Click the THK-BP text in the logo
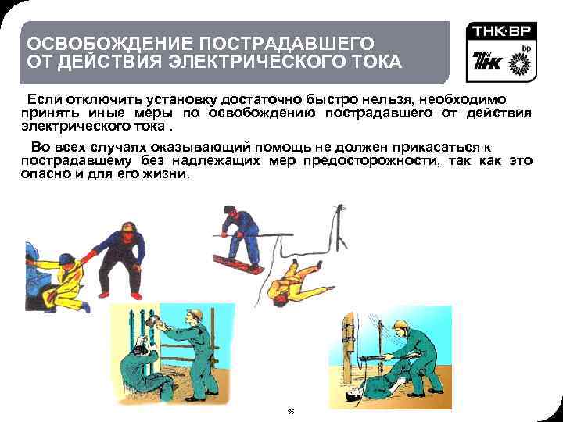(501, 31)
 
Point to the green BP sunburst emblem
(519, 63)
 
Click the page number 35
(291, 412)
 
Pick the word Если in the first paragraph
(45, 99)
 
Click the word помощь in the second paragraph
(284, 148)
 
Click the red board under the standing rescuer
(237, 264)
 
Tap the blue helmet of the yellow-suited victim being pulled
(66, 259)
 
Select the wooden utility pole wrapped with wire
(348, 348)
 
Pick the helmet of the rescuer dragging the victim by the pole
(400, 325)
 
